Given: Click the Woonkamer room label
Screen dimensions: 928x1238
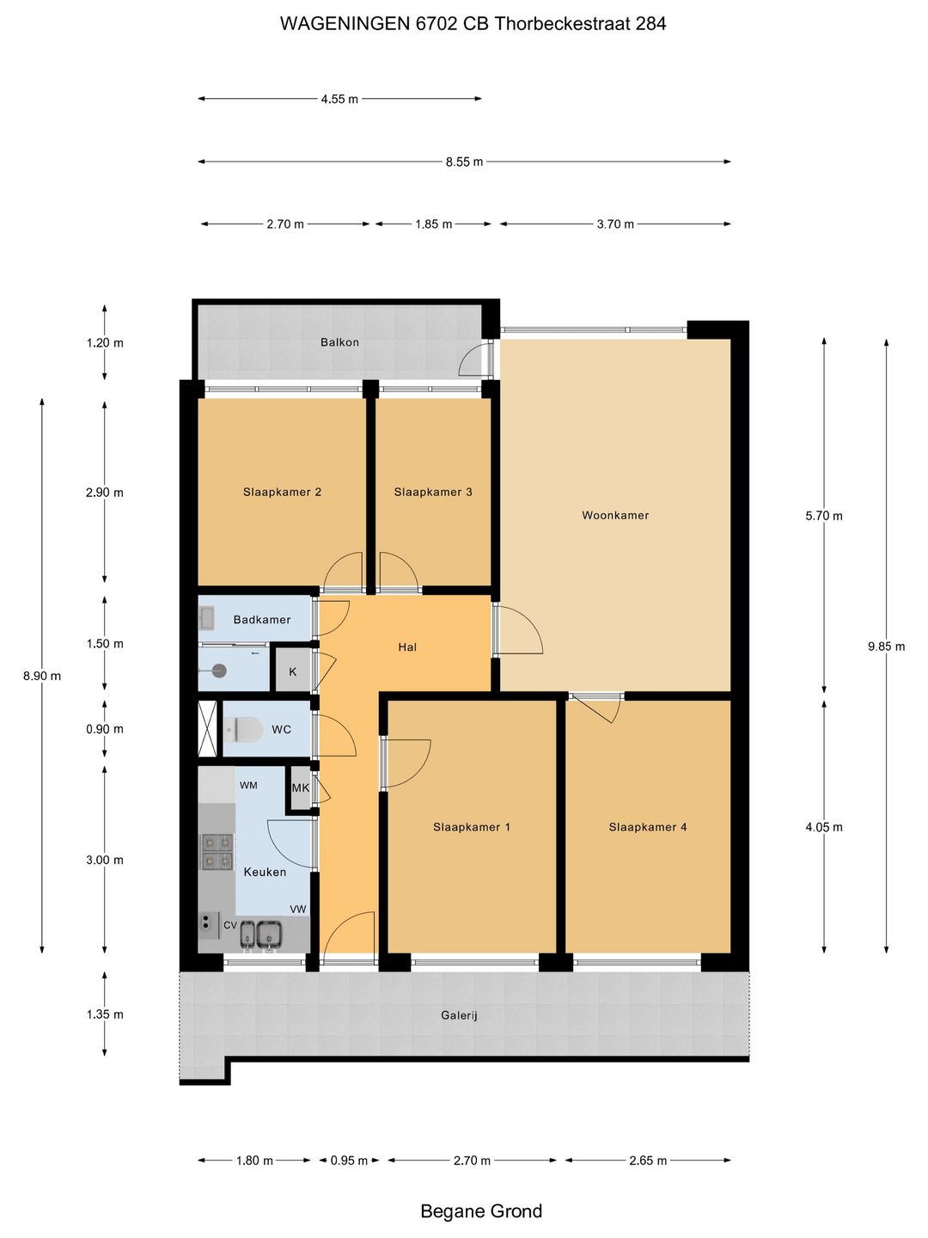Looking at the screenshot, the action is click(x=615, y=515).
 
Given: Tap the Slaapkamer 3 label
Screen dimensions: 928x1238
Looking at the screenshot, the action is click(x=433, y=492).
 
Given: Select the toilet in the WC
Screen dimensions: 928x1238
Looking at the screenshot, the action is click(x=243, y=729).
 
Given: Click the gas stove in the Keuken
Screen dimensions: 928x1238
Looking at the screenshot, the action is click(x=217, y=851).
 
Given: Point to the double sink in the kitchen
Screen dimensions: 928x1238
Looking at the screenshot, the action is click(x=262, y=933).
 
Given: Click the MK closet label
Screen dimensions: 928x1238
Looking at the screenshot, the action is click(x=301, y=788).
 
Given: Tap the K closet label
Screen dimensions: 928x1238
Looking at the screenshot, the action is click(x=292, y=671).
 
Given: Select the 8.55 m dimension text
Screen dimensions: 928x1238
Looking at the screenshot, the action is click(x=464, y=162).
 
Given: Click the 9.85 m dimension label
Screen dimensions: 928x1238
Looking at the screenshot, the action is click(x=886, y=647).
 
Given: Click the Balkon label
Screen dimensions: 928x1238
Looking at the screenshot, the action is click(x=339, y=342).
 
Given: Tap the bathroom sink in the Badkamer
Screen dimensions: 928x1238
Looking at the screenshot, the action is click(x=206, y=618).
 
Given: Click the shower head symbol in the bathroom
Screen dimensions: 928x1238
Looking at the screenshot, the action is click(x=218, y=671).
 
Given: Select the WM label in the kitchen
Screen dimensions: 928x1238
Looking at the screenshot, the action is click(x=248, y=785).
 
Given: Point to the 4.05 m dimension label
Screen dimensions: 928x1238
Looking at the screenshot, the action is click(x=824, y=827).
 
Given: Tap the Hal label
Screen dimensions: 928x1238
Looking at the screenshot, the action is click(x=406, y=647).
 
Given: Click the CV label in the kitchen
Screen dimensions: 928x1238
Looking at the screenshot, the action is click(x=230, y=925).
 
